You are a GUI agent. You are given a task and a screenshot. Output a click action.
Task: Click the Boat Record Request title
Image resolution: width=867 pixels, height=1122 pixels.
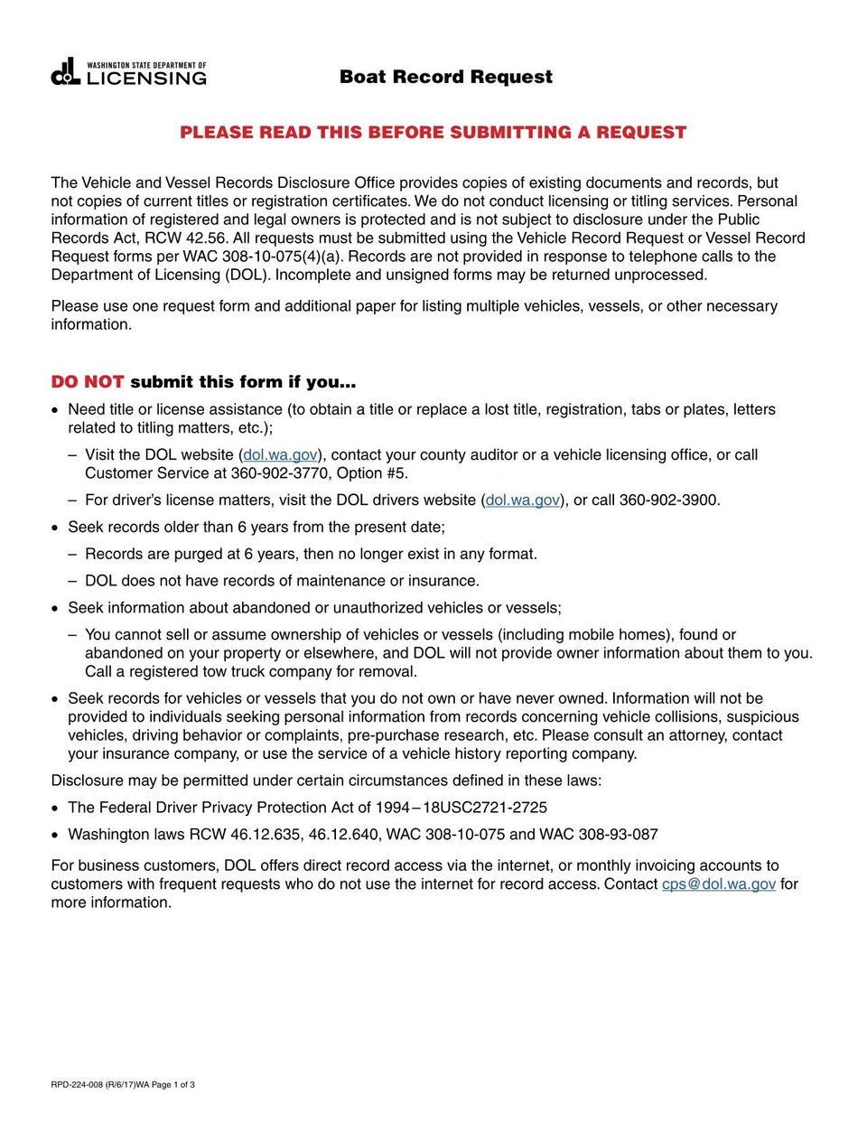pos(445,77)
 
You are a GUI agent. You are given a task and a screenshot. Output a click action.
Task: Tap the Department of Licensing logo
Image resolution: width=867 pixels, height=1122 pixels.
pos(129,73)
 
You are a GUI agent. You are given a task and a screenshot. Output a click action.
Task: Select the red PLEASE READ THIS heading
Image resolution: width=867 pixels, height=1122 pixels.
pos(433,133)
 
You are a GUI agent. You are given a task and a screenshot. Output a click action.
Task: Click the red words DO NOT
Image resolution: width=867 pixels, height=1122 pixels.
pos(87,382)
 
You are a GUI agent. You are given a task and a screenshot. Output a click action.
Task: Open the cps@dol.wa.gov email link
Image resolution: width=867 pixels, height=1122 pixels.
pos(718,884)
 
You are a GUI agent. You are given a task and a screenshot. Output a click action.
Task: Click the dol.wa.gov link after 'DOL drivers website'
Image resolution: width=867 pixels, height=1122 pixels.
pos(522,500)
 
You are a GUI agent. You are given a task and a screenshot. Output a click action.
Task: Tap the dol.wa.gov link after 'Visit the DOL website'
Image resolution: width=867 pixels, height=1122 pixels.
pos(280,455)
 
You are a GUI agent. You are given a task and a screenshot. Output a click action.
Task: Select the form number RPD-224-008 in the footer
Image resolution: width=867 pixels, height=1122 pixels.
pos(77,1085)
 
